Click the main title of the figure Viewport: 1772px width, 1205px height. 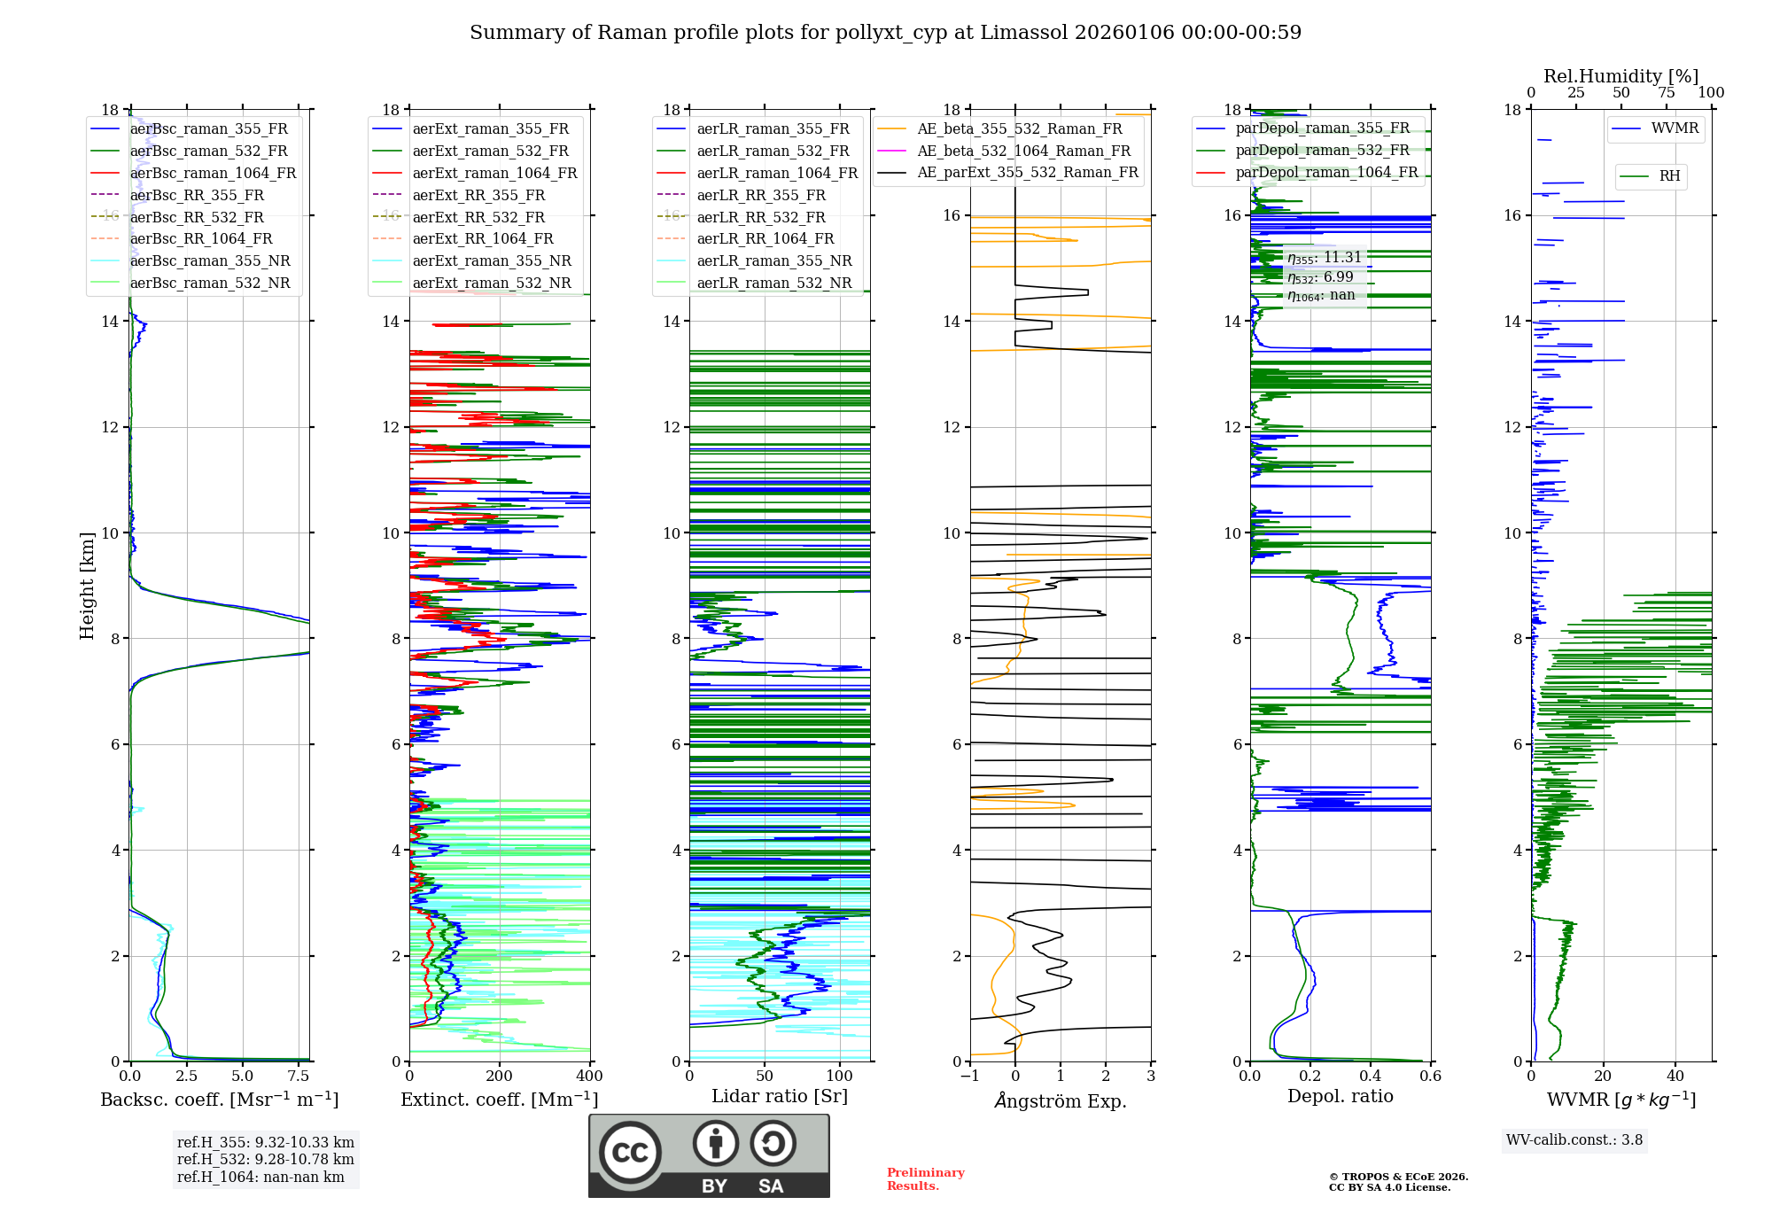(x=885, y=33)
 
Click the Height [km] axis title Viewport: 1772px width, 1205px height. (x=87, y=585)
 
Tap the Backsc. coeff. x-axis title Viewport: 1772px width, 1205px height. (x=219, y=1100)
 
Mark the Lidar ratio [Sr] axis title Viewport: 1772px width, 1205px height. (x=780, y=1096)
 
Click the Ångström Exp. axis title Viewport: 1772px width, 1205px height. (x=1061, y=1101)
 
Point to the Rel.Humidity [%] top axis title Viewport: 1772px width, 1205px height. (x=1620, y=76)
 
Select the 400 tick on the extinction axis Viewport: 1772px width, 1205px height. (x=589, y=1077)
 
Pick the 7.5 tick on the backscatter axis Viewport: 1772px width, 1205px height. (x=299, y=1077)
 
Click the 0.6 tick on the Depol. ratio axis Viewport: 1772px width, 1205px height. (x=1430, y=1077)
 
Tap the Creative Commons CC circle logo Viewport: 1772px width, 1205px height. (x=630, y=1153)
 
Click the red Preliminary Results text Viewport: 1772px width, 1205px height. (x=925, y=1179)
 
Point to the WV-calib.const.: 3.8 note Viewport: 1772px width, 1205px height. (x=1574, y=1140)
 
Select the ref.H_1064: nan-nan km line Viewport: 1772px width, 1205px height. (x=260, y=1178)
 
